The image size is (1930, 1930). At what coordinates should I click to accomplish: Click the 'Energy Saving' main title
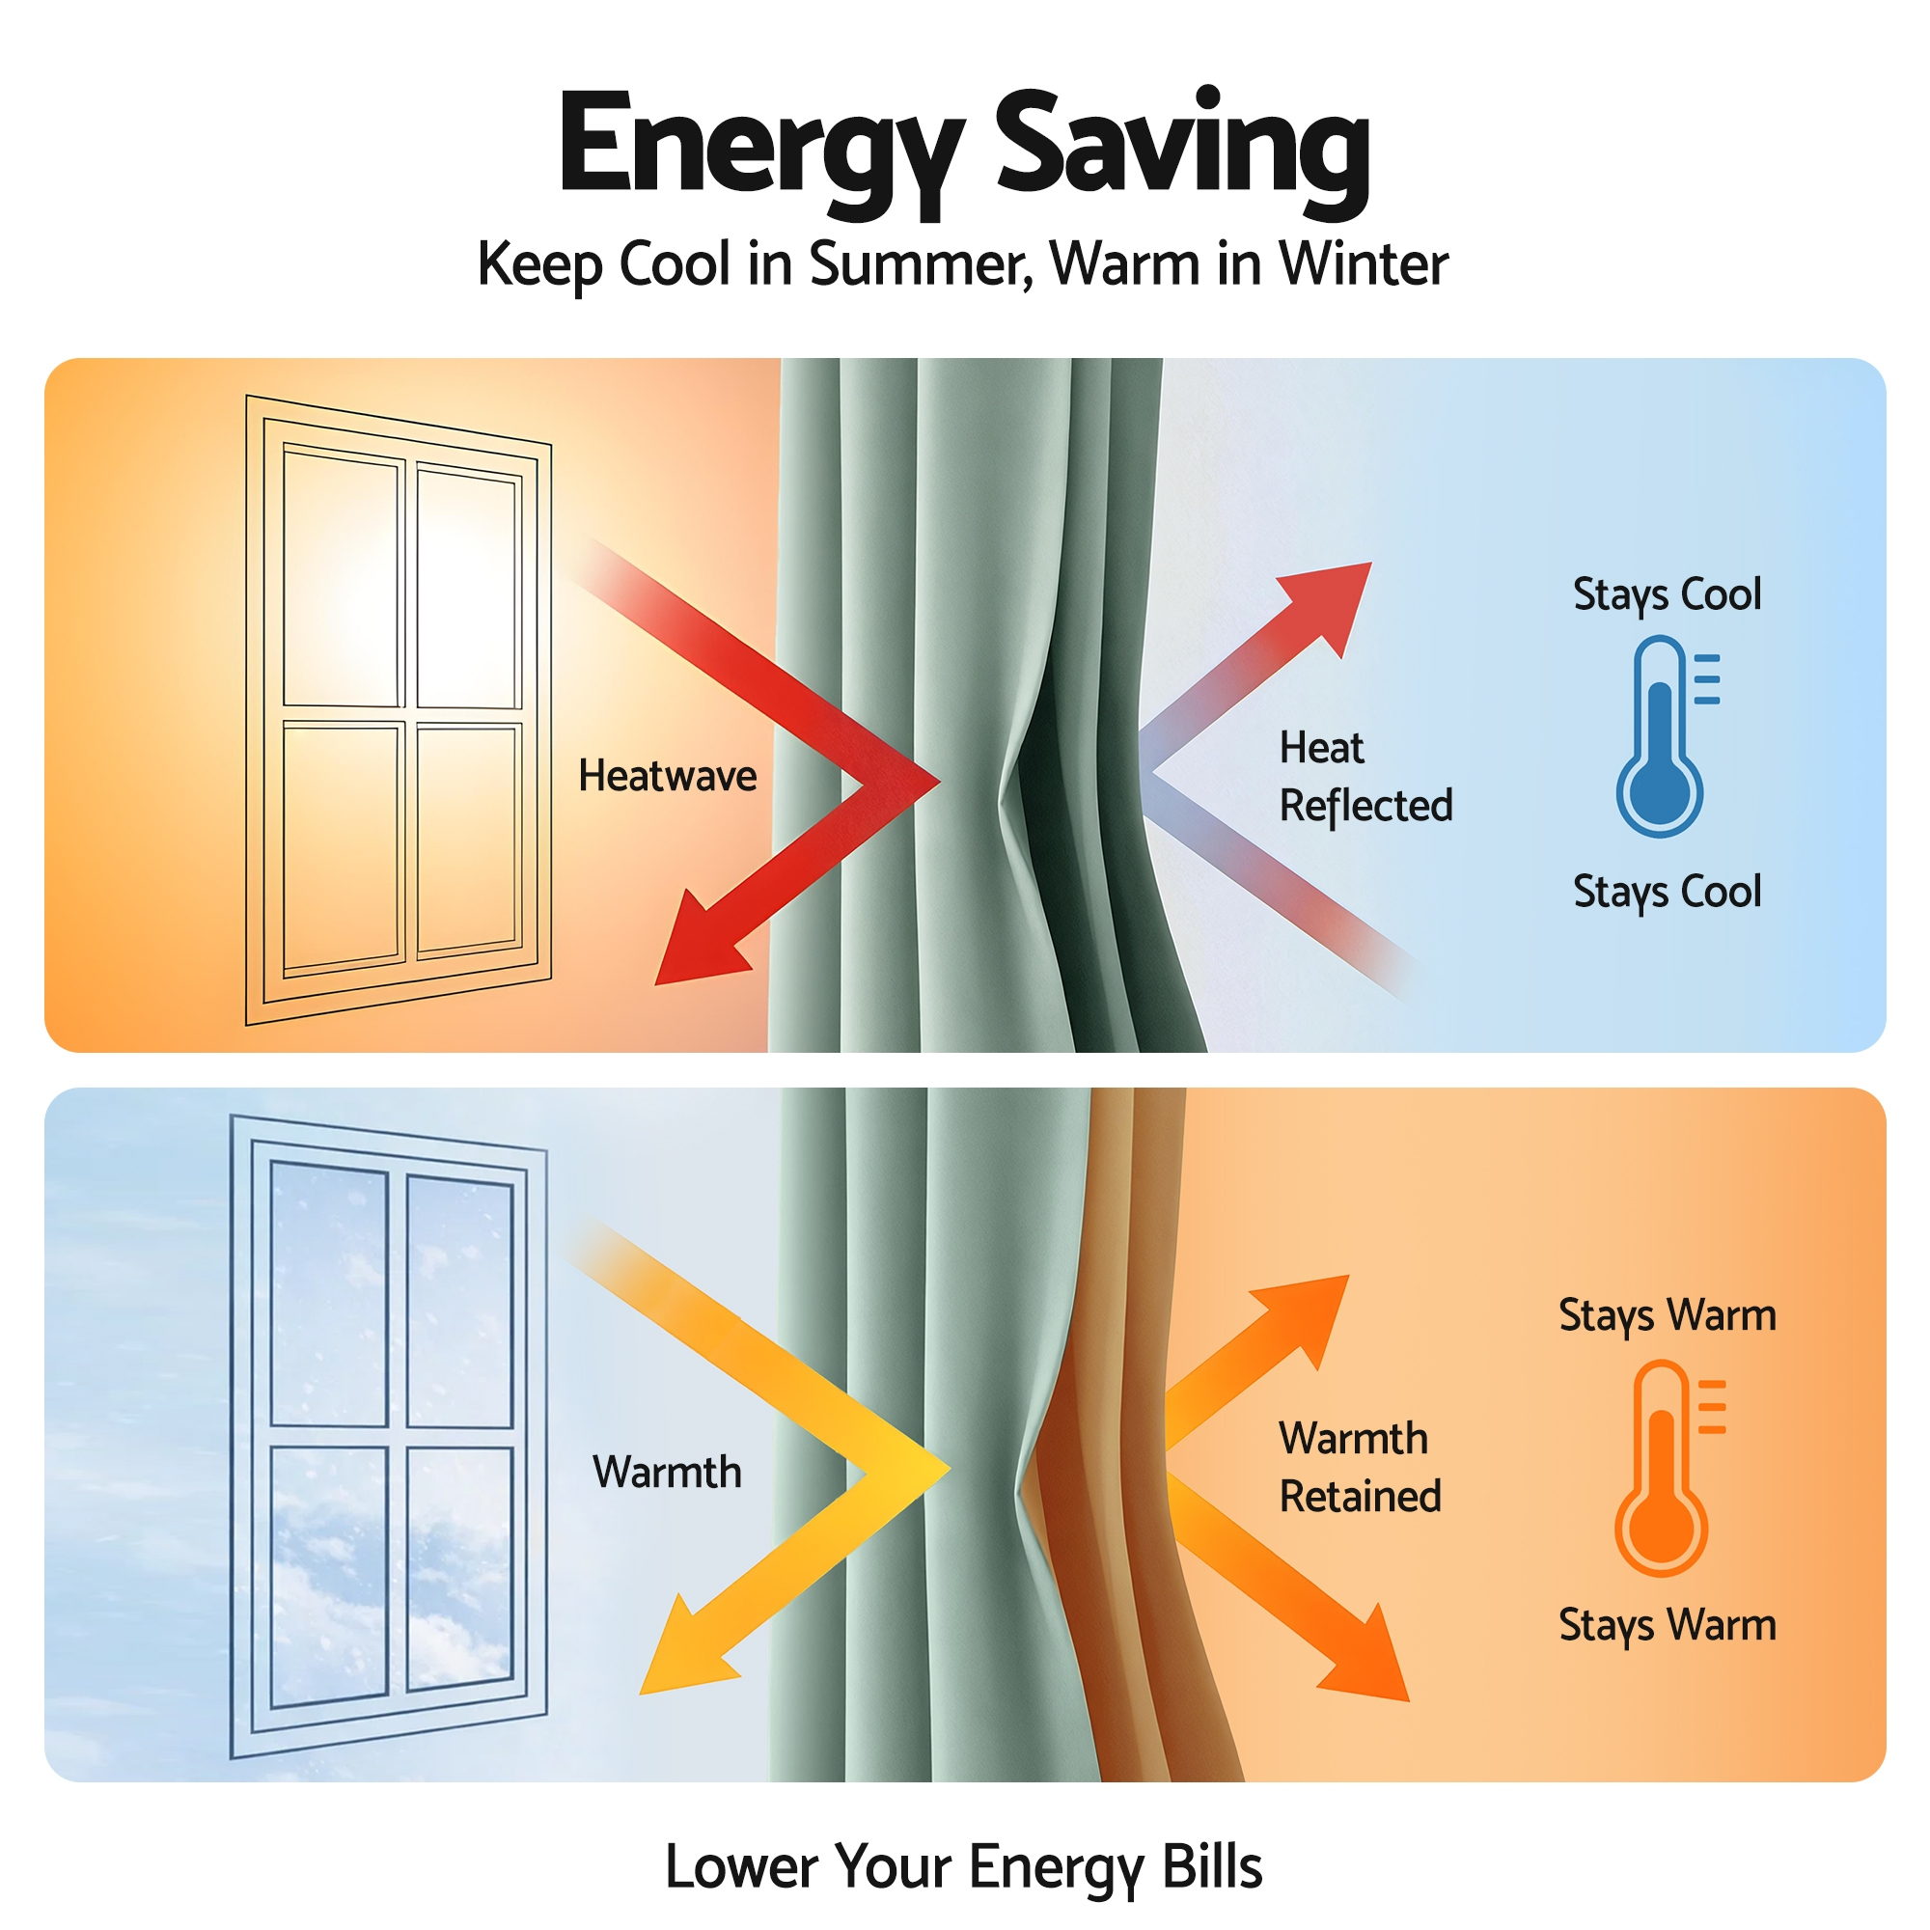(964, 150)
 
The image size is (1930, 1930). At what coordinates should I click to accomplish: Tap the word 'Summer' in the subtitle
(920, 264)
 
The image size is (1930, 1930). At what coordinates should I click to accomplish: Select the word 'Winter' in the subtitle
(1364, 263)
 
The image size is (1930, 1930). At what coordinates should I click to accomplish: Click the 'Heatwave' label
(668, 775)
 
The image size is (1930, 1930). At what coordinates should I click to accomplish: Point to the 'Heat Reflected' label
(1365, 776)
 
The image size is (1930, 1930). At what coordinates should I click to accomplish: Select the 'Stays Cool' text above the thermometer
(1668, 595)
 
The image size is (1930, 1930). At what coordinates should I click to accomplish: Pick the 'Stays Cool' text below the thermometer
(1668, 892)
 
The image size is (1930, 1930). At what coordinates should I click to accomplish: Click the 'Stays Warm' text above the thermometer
(1668, 1316)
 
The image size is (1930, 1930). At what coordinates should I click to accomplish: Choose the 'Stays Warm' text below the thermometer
(1668, 1625)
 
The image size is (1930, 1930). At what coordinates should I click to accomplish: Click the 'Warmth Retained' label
(1360, 1468)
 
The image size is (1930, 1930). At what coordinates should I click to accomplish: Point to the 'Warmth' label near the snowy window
(668, 1472)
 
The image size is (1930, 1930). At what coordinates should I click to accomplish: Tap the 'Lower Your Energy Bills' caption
(964, 1867)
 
